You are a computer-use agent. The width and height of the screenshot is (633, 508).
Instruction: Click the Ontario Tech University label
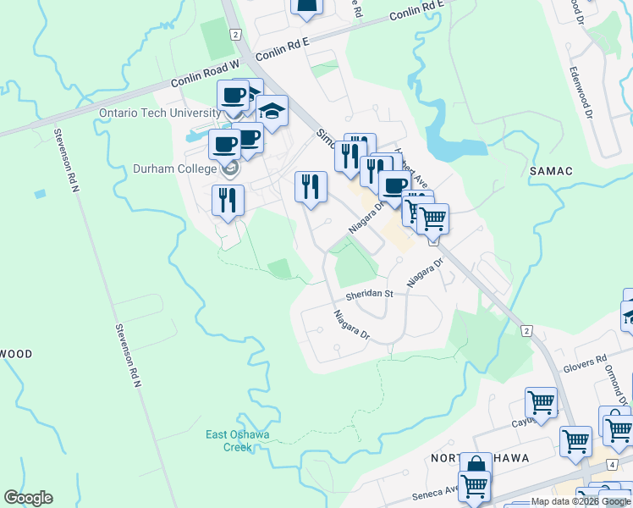tap(159, 113)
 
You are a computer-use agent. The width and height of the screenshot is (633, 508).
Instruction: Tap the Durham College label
tap(174, 168)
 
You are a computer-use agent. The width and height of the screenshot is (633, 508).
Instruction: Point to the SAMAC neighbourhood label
tap(551, 171)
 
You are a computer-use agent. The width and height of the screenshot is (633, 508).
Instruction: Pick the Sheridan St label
tap(369, 294)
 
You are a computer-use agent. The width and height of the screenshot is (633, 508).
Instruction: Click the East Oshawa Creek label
tap(238, 440)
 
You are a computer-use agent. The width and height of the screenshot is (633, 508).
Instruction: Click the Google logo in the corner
tap(28, 498)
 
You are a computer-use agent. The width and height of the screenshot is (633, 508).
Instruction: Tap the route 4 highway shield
tap(610, 465)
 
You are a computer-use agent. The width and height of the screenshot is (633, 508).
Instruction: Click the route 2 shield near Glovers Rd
tap(526, 330)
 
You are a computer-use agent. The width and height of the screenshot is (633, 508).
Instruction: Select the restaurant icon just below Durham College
tap(227, 200)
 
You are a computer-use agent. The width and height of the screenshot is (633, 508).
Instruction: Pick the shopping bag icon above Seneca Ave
tap(476, 467)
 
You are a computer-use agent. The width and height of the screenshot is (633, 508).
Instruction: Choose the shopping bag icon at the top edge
tap(306, 6)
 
